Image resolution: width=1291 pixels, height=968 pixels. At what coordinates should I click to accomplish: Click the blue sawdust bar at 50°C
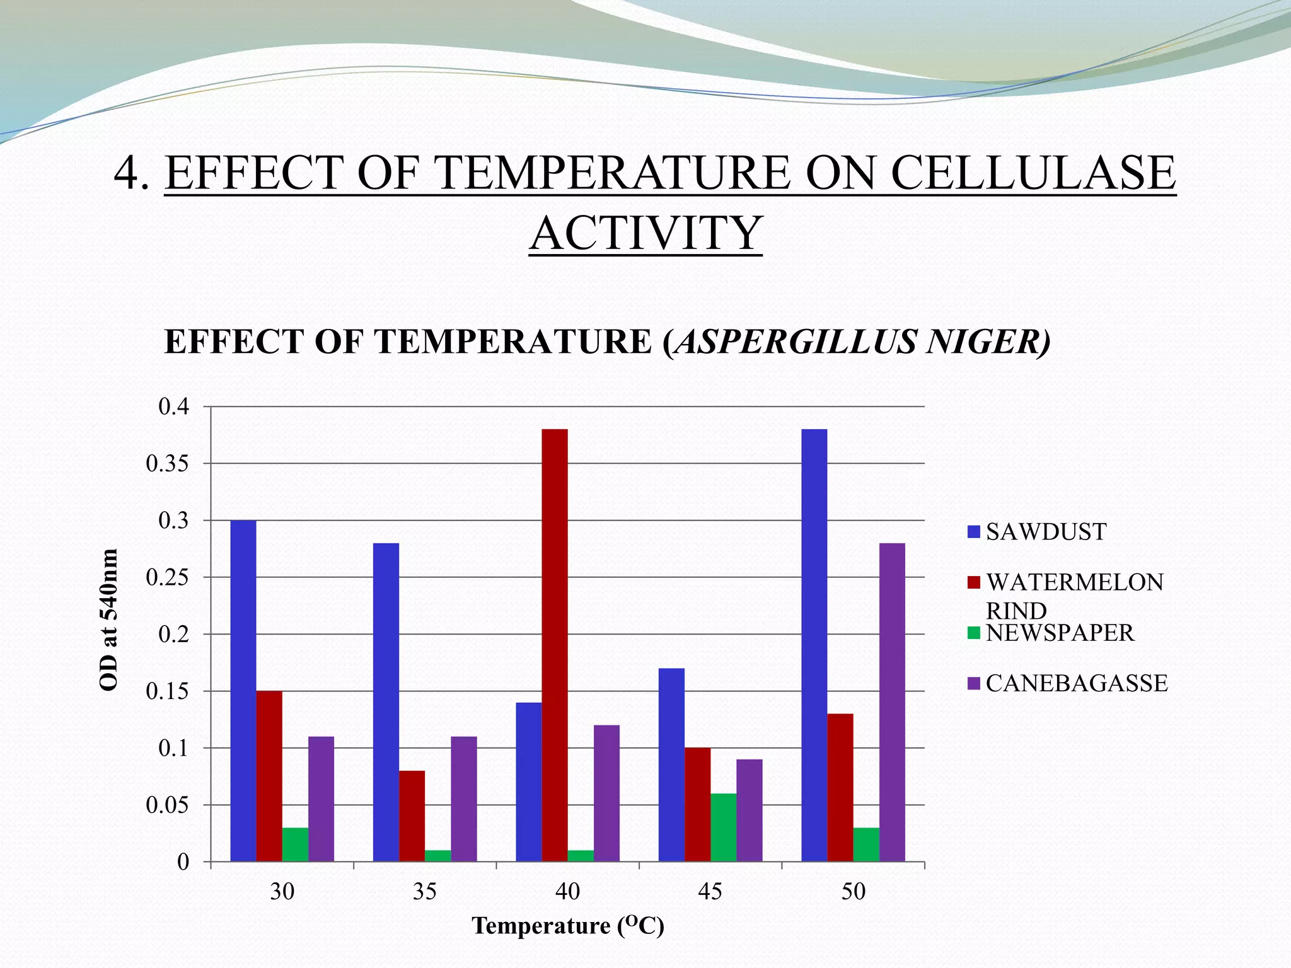pyautogui.click(x=814, y=645)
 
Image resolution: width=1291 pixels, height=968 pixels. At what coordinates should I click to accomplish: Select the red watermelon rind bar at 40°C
pyautogui.click(x=555, y=645)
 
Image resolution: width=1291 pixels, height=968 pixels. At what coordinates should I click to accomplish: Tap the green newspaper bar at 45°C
pyautogui.click(x=723, y=827)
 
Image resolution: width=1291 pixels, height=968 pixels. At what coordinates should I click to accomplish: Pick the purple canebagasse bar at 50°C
pyautogui.click(x=892, y=702)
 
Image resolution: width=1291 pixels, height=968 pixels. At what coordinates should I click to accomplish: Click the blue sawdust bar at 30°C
pyautogui.click(x=243, y=691)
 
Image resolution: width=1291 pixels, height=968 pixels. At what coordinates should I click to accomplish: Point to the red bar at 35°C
pyautogui.click(x=412, y=815)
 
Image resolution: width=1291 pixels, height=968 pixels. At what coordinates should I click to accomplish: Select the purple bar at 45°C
pyautogui.click(x=749, y=810)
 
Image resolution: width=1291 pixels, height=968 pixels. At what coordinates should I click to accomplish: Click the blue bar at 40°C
pyautogui.click(x=529, y=781)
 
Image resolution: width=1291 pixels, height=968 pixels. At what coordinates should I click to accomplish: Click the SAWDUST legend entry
pyautogui.click(x=1046, y=532)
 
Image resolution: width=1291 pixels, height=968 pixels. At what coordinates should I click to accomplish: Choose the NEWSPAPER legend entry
pyautogui.click(x=1060, y=633)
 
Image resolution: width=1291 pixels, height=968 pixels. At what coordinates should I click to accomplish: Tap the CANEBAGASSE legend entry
pyautogui.click(x=1076, y=683)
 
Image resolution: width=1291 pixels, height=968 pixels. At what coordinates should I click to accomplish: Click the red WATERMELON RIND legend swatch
pyautogui.click(x=974, y=582)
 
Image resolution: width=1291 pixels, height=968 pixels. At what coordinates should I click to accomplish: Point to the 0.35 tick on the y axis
pyautogui.click(x=167, y=464)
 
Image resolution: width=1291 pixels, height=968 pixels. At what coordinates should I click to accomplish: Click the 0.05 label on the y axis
pyautogui.click(x=167, y=805)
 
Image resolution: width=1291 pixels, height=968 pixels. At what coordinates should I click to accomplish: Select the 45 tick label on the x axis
pyautogui.click(x=710, y=891)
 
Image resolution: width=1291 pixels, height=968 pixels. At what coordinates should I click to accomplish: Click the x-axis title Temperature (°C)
pyautogui.click(x=568, y=926)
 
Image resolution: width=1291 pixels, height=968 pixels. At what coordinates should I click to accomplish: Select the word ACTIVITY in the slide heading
pyautogui.click(x=645, y=233)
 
